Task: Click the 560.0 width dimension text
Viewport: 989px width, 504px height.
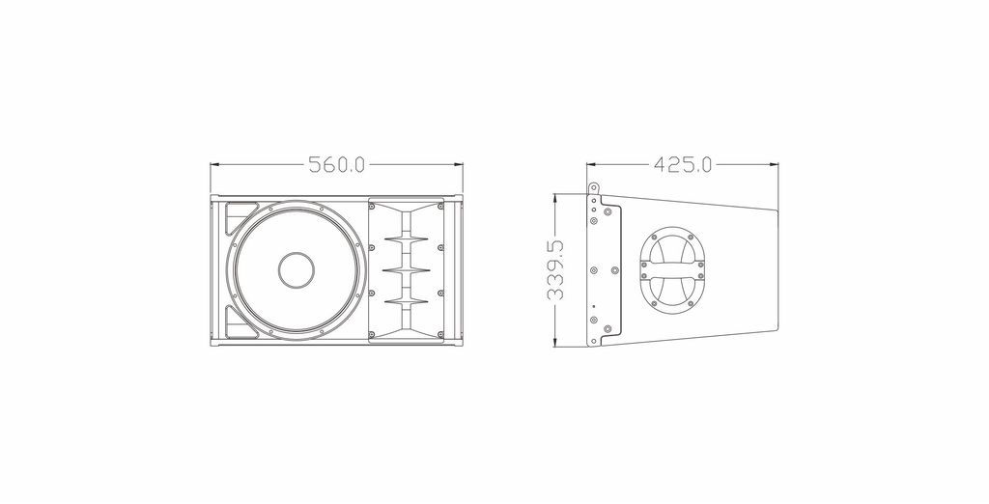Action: tap(337, 165)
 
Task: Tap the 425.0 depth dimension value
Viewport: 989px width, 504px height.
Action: tap(683, 165)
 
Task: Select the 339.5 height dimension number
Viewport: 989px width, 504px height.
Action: tap(555, 270)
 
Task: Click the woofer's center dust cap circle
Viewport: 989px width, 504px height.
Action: tap(297, 270)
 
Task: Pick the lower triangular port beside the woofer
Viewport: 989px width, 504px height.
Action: tap(236, 323)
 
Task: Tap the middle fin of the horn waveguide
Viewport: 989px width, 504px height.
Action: tap(407, 270)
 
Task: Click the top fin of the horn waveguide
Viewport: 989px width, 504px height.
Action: tap(407, 240)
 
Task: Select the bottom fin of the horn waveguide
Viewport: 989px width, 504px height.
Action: tap(407, 300)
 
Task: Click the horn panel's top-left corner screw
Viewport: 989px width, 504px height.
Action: tap(372, 207)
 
